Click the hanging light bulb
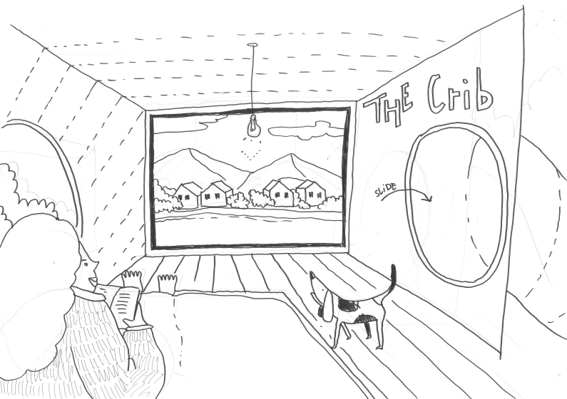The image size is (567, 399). click(x=252, y=125)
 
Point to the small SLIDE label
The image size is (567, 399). click(x=385, y=193)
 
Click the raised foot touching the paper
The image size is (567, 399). click(x=132, y=279)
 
